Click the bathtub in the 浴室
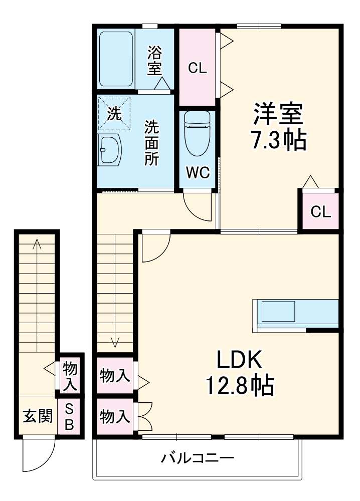[115, 59]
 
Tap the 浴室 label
[154, 61]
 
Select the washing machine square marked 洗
[115, 113]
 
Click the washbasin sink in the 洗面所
[110, 149]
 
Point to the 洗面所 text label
[152, 143]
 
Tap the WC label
[197, 172]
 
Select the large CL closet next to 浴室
[197, 68]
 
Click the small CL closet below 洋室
[320, 211]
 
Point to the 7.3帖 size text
[278, 141]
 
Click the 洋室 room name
[278, 114]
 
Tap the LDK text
[239, 360]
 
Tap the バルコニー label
[197, 457]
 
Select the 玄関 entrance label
[38, 416]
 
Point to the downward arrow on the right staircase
[115, 342]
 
